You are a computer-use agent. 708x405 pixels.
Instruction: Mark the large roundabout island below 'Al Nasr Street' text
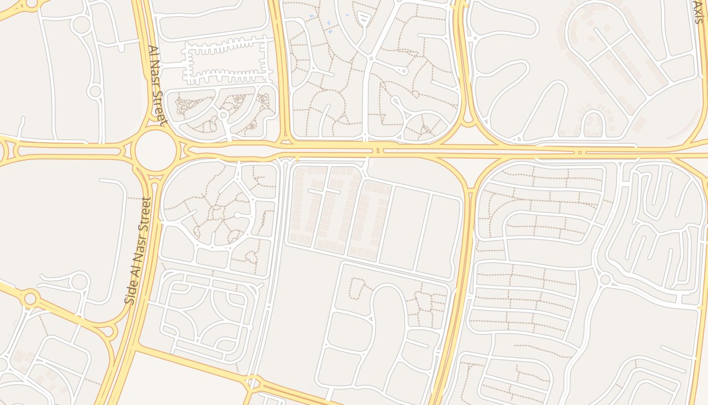tap(156, 150)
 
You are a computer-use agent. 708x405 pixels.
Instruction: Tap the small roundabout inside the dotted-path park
tap(223, 115)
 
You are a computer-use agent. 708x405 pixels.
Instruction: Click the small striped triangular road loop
tap(364, 19)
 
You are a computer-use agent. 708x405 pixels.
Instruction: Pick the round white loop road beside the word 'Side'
tap(80, 281)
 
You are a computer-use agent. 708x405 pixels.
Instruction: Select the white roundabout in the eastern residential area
tap(605, 279)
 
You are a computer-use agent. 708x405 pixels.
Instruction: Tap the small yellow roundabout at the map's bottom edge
tap(253, 383)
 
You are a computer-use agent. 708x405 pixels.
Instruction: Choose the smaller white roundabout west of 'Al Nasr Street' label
tap(95, 92)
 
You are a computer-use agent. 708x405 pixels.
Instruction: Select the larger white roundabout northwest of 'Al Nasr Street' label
tap(80, 25)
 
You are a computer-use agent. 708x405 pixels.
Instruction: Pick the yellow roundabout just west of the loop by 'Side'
tap(30, 298)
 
